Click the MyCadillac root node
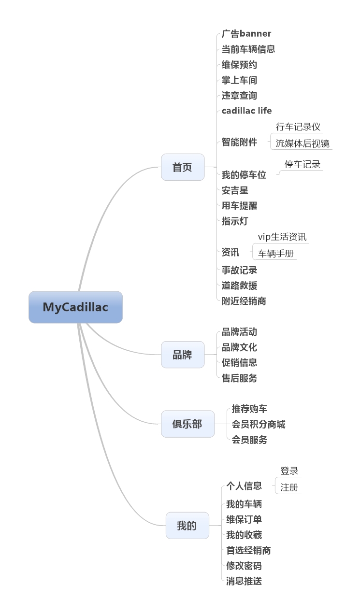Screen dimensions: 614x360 [x=75, y=307]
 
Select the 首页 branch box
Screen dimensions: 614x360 [x=183, y=167]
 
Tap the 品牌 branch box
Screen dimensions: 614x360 [x=183, y=355]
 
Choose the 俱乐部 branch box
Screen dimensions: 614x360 [x=187, y=424]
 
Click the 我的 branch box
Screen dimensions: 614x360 [x=187, y=526]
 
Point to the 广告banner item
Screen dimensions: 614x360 [x=246, y=34]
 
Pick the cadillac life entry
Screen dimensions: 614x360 [x=246, y=111]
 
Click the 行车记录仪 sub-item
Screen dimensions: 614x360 [x=298, y=127]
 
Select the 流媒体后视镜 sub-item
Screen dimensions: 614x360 [x=302, y=143]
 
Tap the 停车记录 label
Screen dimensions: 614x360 [x=302, y=164]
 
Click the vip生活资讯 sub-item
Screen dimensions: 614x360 [x=282, y=237]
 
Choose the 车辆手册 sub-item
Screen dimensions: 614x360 [x=276, y=253]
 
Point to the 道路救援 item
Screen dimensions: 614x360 [x=239, y=286]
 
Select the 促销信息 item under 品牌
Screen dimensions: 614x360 [x=239, y=362]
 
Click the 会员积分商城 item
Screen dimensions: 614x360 [x=259, y=424]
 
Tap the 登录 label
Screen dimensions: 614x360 [x=289, y=471]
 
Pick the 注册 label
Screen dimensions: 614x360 [x=289, y=487]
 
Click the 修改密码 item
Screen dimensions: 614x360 [x=244, y=566]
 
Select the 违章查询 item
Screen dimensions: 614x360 [x=239, y=96]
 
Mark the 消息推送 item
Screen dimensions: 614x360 [x=244, y=581]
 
